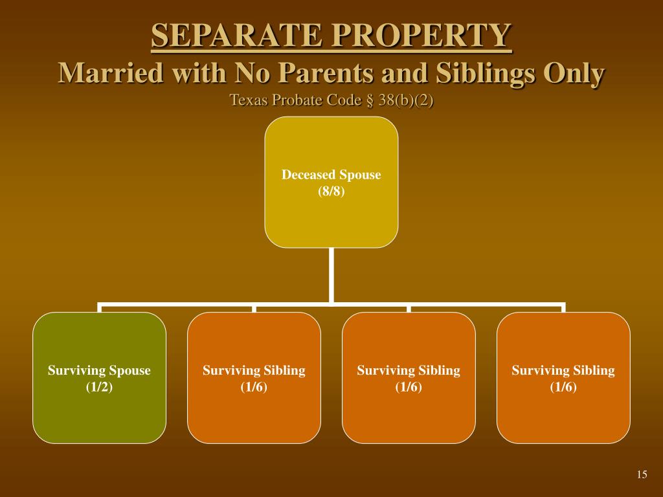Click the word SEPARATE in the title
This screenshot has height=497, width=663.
coord(236,35)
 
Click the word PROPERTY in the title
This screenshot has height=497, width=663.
coord(421,35)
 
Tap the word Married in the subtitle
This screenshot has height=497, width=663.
coord(111,72)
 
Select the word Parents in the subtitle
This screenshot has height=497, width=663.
coord(326,72)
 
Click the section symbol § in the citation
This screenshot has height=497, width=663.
coord(370,100)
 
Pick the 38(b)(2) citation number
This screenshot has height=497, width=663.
coord(406,100)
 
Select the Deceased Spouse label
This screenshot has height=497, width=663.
coord(331,175)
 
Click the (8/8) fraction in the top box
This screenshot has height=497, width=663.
coord(331,192)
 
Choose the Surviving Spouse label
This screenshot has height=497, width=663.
coord(99,370)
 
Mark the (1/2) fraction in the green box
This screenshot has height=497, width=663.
coord(99,387)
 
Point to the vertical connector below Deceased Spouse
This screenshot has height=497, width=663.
coord(331,275)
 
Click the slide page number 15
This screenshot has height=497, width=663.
coord(642,474)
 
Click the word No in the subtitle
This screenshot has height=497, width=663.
coord(252,72)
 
